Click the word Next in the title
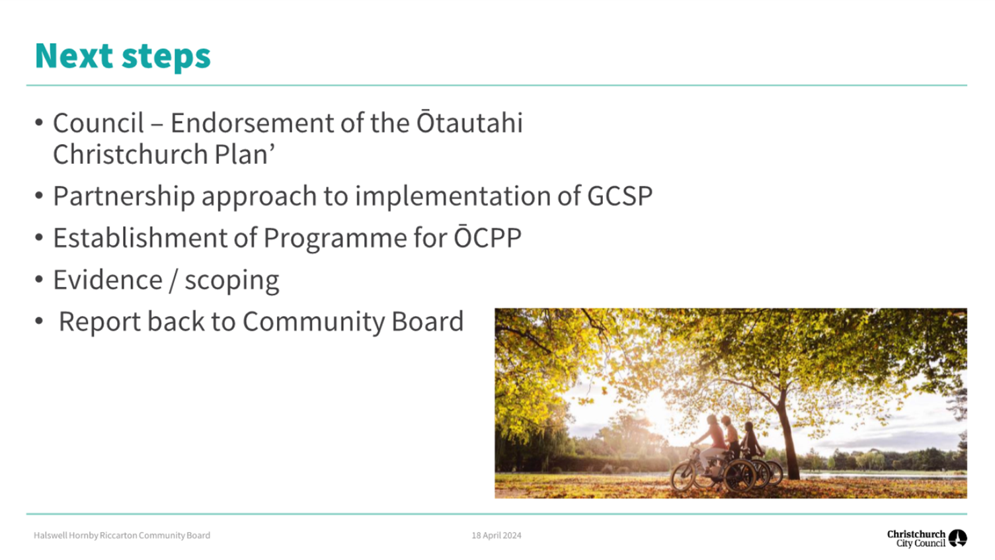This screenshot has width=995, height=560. coord(74,56)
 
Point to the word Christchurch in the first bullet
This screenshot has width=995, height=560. coord(131,154)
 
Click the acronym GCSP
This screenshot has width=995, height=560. coord(619,196)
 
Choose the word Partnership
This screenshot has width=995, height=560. coord(124,197)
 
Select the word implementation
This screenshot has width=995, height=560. coord(453,196)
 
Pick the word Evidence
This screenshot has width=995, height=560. coord(108,280)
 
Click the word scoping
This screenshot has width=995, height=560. coord(232,282)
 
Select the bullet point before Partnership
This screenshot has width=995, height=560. coord(39,196)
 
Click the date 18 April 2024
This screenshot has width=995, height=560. coord(497,536)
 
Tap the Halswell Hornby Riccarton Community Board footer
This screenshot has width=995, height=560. coord(122,536)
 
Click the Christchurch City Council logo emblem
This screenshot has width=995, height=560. coord(958,538)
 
